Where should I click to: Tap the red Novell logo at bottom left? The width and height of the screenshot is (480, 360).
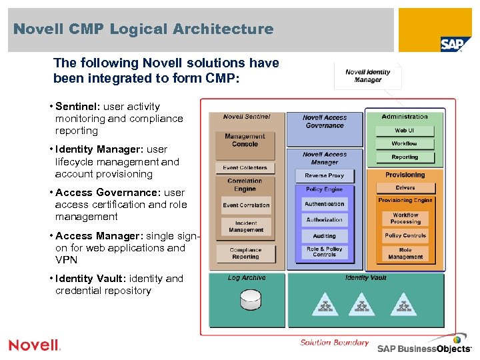coord(34,345)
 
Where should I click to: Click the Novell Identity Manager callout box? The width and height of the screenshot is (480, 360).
coord(368,76)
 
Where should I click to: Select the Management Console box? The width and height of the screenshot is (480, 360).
coord(245,140)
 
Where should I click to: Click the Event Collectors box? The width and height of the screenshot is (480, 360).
coord(245,168)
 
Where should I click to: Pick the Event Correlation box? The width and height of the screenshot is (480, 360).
coord(246,205)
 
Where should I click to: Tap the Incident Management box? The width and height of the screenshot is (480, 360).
coord(246,227)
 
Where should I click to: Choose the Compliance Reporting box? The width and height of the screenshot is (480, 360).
coord(245,253)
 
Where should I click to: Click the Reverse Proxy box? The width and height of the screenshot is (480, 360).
coord(325,175)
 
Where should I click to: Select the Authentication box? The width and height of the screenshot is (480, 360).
coord(325,204)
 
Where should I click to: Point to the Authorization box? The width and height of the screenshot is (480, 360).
coord(325,220)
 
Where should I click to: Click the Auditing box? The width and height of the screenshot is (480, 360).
coord(325,236)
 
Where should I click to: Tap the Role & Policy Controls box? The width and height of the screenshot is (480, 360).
coord(325,252)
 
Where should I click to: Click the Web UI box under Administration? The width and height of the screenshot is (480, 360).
coord(405,131)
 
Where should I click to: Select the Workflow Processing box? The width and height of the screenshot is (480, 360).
coord(405,218)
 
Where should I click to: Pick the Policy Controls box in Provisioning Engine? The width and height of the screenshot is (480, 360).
coord(405,235)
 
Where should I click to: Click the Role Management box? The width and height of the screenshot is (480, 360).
coord(405,253)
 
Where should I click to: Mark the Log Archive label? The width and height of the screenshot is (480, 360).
coord(247,278)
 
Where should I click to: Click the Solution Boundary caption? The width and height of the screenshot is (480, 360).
coord(334,343)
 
